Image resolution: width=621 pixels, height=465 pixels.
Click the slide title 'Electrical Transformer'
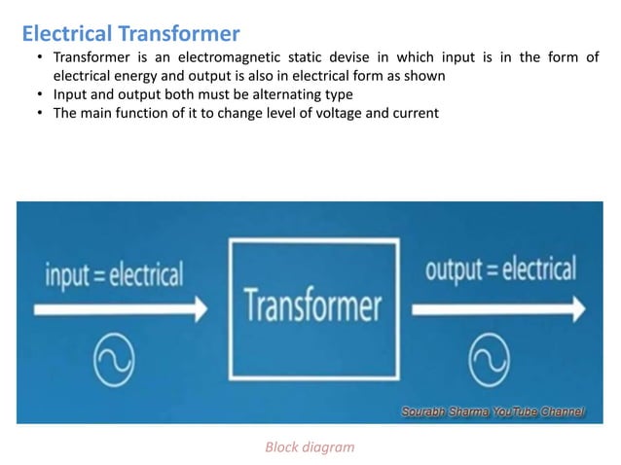click(130, 35)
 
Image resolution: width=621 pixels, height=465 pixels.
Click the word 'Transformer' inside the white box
click(312, 305)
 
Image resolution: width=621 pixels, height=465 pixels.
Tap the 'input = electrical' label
click(114, 274)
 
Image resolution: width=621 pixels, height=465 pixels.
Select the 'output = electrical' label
click(499, 268)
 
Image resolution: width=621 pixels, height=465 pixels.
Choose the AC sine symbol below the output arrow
click(489, 364)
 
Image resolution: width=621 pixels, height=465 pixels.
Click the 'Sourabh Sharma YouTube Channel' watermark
click(493, 412)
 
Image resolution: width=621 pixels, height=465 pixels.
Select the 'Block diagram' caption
click(310, 447)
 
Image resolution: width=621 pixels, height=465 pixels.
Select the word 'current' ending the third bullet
click(414, 113)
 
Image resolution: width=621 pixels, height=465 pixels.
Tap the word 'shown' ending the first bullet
click(425, 76)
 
